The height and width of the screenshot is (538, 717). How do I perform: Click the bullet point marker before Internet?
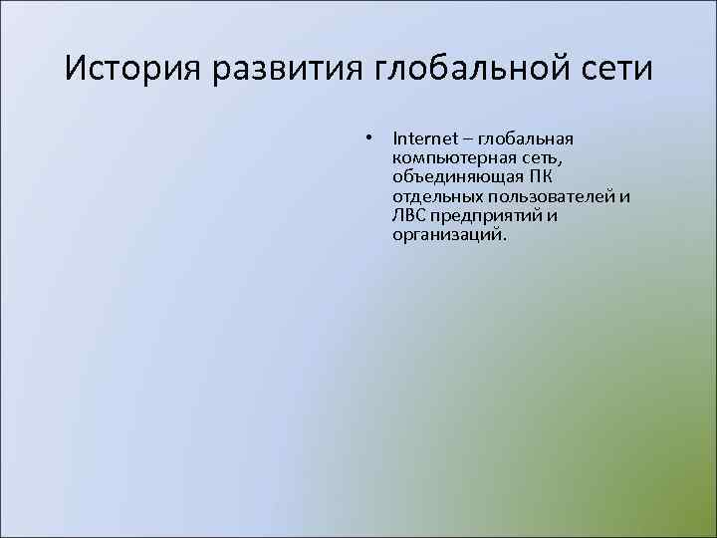[x=368, y=138]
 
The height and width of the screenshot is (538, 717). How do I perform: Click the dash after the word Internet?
[x=468, y=138]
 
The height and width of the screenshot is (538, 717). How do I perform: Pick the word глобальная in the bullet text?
[x=527, y=138]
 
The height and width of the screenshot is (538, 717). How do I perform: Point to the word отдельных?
[x=435, y=196]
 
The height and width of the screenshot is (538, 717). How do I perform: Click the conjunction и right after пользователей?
[x=624, y=196]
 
